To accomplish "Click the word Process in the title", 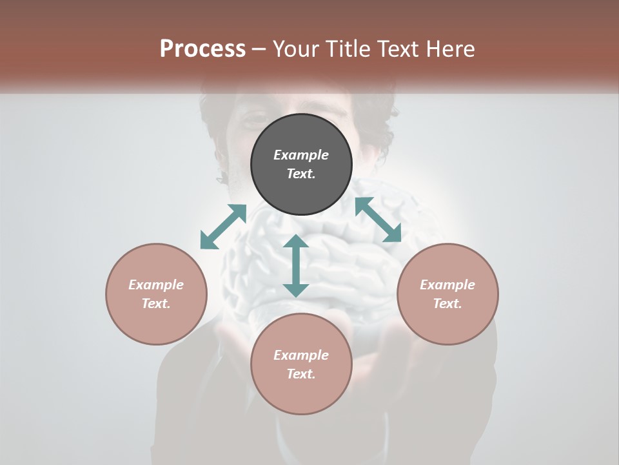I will coord(202,49).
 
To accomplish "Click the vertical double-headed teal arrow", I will coord(296,265).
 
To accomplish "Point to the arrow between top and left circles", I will coord(223,227).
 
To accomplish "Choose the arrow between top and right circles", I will coord(378,220).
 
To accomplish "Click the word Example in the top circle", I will coord(301,155).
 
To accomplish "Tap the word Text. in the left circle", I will coord(156,304).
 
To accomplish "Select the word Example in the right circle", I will coord(447,285).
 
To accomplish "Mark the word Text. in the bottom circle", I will coord(301,374).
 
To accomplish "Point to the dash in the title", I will coord(259,49).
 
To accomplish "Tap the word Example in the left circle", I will coord(156,285).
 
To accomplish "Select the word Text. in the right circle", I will coord(447,304).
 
